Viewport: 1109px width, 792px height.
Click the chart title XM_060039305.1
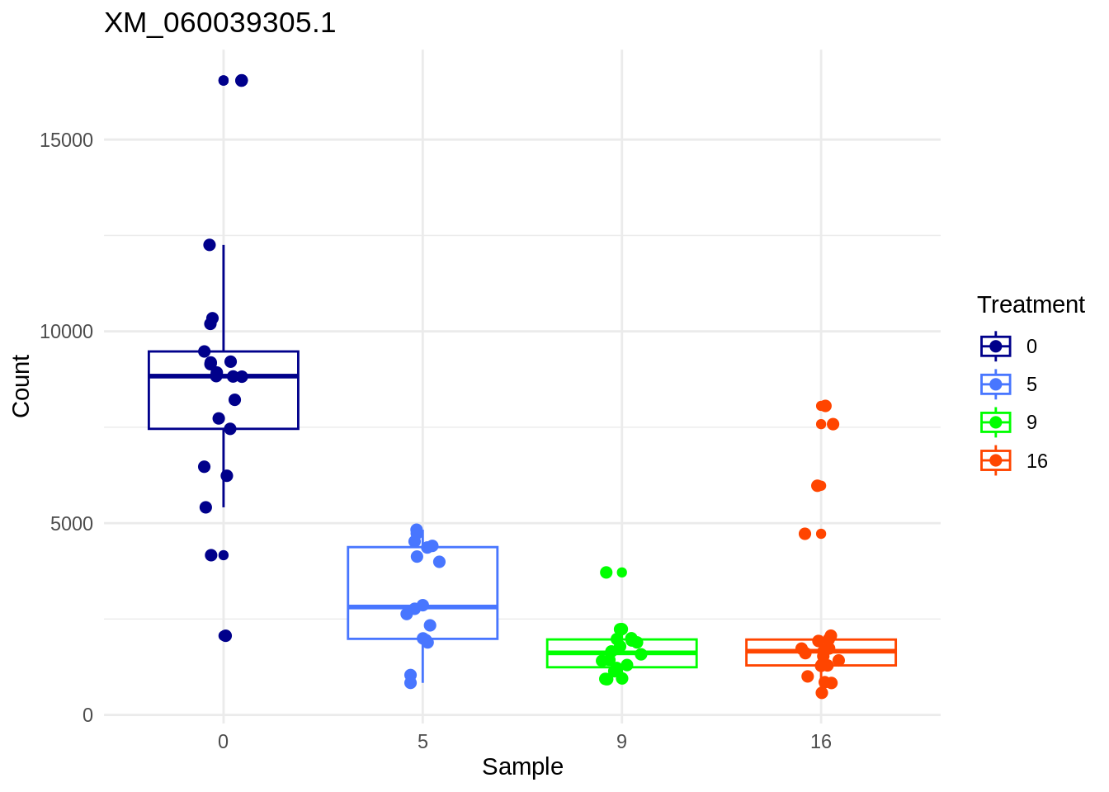(220, 23)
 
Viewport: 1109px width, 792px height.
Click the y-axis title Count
(21, 386)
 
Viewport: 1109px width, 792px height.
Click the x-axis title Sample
(522, 766)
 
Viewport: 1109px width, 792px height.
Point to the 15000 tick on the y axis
(67, 140)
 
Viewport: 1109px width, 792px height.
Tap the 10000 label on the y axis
(67, 332)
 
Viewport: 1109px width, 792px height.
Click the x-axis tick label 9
(621, 742)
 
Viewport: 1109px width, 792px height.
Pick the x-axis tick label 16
(820, 742)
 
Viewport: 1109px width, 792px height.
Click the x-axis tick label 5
(422, 742)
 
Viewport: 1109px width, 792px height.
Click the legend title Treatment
(1031, 304)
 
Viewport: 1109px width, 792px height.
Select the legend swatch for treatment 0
(995, 346)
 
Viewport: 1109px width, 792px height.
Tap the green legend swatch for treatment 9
(995, 422)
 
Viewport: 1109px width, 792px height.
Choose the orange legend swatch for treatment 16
(995, 460)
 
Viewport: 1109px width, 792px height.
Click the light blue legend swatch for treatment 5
(995, 384)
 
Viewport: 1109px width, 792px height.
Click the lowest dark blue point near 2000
(225, 635)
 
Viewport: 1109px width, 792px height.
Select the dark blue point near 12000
(210, 245)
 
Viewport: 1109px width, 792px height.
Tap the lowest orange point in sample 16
(822, 693)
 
